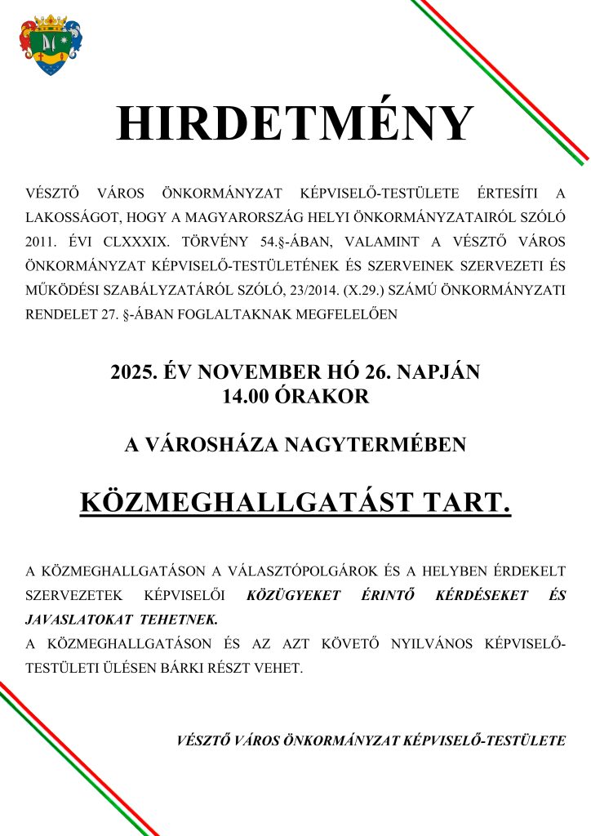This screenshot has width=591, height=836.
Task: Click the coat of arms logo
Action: pyautogui.click(x=51, y=45)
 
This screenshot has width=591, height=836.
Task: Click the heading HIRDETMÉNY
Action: pyautogui.click(x=295, y=125)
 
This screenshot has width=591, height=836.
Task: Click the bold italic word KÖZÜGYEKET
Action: pyautogui.click(x=293, y=596)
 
